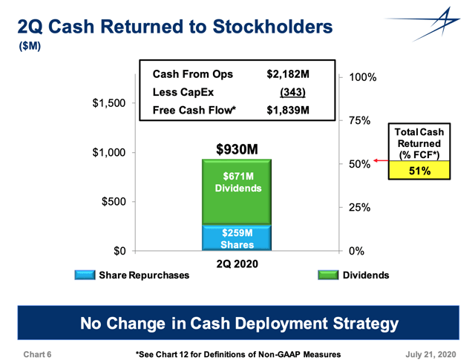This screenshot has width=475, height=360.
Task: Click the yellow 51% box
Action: pos(419,171)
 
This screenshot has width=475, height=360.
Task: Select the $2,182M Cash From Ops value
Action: pos(287,74)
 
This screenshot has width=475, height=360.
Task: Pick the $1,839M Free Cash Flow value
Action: pos(287,111)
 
